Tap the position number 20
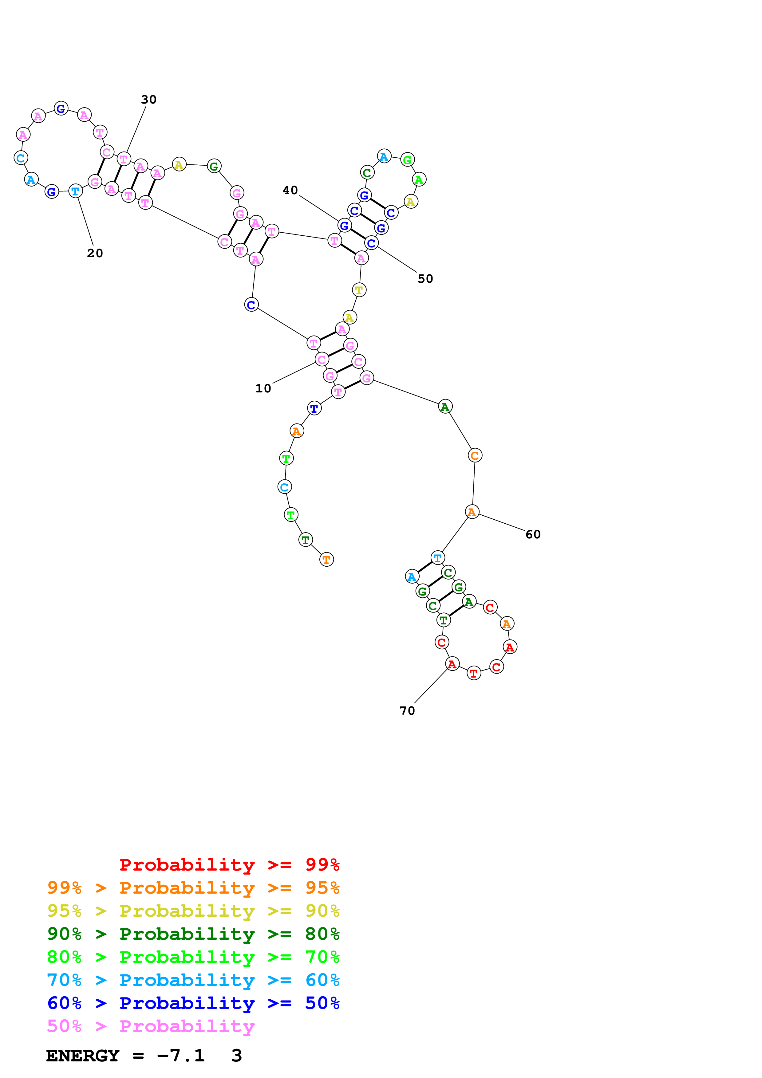[x=95, y=253]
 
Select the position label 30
[x=148, y=100]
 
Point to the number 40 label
[x=290, y=190]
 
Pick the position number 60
[x=533, y=534]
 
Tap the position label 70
[x=407, y=711]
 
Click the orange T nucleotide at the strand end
[x=326, y=560]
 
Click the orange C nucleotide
[x=475, y=455]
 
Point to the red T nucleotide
[x=474, y=673]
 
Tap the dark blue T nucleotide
[x=314, y=408]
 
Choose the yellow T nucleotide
[x=359, y=290]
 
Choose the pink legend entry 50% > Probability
[x=151, y=1026]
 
